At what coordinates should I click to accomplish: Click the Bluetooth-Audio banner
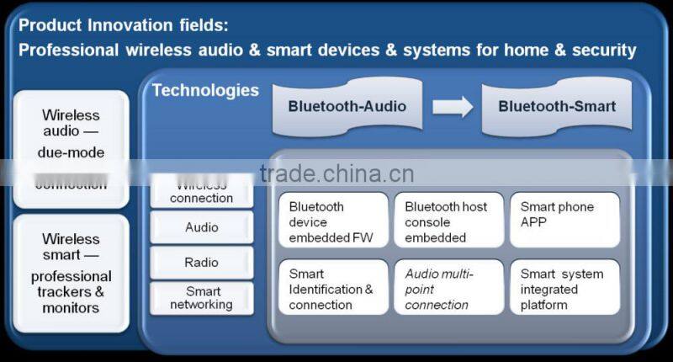point(347,107)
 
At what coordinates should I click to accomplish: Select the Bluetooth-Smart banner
point(556,107)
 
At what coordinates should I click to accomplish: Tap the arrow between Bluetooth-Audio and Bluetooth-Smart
point(453,107)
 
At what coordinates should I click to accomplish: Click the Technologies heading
point(205,90)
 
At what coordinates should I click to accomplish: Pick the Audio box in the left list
point(202,227)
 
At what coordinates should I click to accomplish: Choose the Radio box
point(202,263)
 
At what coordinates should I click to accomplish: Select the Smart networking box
point(202,298)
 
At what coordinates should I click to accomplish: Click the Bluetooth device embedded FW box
point(334,221)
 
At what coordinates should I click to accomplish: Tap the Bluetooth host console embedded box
point(448,221)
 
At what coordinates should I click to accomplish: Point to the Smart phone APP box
point(564,220)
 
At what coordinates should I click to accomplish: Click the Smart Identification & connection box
point(334,289)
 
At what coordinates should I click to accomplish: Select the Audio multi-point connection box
point(448,289)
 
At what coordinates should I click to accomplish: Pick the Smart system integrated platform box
point(564,289)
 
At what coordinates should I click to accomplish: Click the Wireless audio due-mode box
point(72,147)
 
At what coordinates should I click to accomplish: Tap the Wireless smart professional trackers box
point(72,274)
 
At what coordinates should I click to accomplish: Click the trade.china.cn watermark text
point(336,174)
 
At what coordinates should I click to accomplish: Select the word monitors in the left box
point(71,308)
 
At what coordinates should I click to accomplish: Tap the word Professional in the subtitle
point(67,51)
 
